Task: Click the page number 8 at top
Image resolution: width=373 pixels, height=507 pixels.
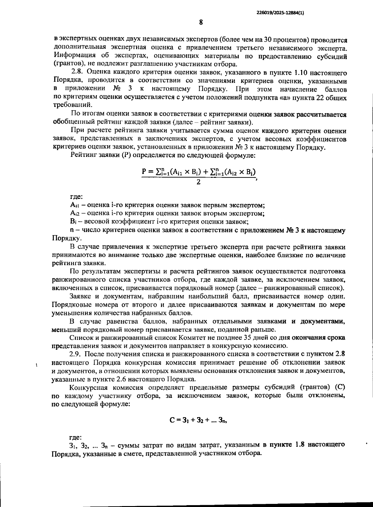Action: coord(201,22)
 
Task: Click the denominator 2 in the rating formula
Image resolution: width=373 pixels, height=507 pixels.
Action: coord(198,182)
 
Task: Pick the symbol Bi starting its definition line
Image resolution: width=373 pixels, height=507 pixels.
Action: coord(74,222)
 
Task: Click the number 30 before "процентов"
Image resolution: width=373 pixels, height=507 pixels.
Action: coord(268,40)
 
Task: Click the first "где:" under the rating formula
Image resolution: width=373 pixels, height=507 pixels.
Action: coord(76,197)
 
